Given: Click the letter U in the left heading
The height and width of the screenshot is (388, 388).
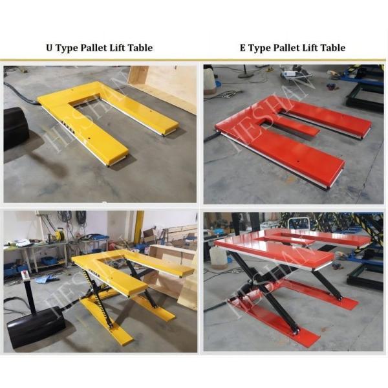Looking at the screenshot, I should tap(48, 48).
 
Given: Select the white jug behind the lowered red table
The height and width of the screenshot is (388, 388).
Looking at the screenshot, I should tap(210, 79).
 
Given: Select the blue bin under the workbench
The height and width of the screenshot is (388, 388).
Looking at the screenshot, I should tap(49, 261).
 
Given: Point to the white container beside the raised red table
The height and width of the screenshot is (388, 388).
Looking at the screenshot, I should tap(219, 257).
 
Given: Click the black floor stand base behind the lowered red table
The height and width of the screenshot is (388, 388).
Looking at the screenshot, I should tap(245, 75).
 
